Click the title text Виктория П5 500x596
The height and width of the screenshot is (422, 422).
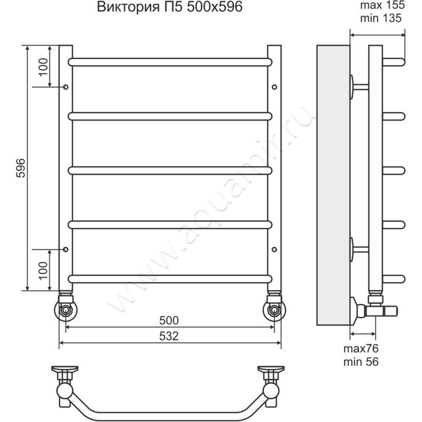tap(169, 7)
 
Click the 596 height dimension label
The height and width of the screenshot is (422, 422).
tap(21, 168)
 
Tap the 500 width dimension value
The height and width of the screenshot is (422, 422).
tap(169, 320)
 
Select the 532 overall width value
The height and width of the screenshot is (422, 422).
tap(169, 336)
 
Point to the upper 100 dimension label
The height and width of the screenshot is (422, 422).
tap(43, 67)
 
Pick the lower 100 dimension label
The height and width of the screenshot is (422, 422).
tap(43, 271)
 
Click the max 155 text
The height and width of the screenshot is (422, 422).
tap(382, 5)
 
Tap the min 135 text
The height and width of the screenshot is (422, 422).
tap(380, 18)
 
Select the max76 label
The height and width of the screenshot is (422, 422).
tap(361, 349)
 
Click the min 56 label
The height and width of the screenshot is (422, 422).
tap(361, 361)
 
